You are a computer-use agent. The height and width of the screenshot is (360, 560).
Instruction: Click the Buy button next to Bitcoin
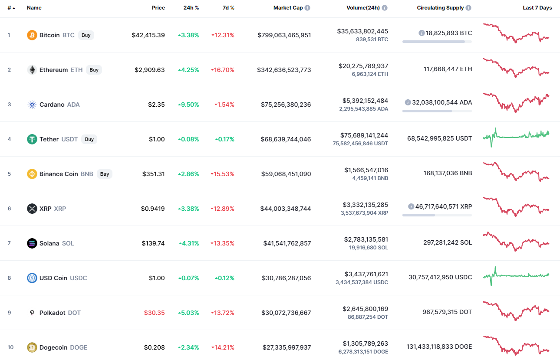click(86, 35)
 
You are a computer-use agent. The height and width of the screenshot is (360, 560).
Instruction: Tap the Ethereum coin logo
click(32, 70)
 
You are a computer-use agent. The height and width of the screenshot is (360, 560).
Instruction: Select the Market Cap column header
click(288, 8)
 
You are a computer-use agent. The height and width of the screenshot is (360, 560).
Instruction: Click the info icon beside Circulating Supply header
click(468, 8)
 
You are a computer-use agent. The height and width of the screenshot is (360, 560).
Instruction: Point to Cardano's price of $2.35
click(156, 105)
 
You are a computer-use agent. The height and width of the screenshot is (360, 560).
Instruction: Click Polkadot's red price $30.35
click(154, 313)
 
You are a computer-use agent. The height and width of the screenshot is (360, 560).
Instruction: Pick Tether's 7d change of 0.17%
click(225, 139)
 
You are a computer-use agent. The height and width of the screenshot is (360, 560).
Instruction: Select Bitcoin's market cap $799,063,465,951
click(284, 35)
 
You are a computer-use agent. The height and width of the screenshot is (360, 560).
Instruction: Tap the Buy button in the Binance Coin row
click(105, 174)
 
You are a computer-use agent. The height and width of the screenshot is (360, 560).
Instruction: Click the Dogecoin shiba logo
click(32, 347)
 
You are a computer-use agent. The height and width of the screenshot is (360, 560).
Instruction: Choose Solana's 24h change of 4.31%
click(189, 243)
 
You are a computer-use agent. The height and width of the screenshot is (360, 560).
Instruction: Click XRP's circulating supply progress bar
click(437, 215)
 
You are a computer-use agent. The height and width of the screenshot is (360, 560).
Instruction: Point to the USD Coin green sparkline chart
click(516, 276)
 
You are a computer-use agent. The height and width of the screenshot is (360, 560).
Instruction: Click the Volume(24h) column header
click(363, 8)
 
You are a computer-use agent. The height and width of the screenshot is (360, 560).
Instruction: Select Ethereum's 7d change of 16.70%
click(223, 70)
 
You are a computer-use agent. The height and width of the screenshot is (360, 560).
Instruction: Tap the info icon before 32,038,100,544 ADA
click(408, 102)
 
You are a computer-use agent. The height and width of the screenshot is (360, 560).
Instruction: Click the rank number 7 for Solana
click(9, 243)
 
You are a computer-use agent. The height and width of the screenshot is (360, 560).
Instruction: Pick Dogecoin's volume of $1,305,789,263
click(365, 344)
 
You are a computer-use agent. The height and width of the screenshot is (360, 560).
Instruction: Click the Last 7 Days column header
click(537, 8)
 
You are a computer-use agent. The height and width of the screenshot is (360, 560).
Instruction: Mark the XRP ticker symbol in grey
click(60, 209)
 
